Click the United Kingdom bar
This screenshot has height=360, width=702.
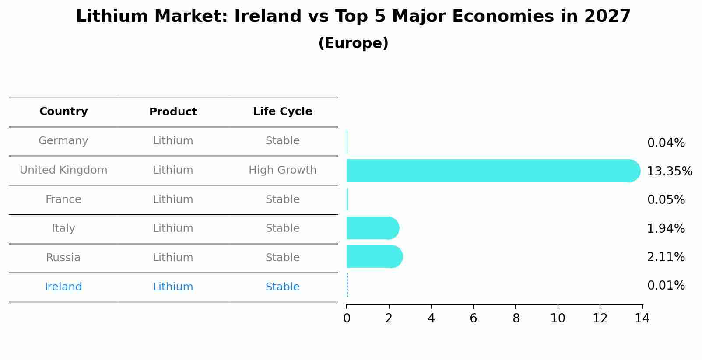[490, 171]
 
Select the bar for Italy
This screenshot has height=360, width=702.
[372, 228]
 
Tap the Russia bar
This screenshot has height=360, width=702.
[374, 256]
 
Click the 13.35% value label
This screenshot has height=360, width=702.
[670, 171]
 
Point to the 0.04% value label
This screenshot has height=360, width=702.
[666, 143]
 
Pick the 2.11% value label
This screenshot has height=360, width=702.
[666, 257]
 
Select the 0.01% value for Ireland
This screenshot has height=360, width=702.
[666, 286]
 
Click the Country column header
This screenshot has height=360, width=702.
[63, 112]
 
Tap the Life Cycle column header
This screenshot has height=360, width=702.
[282, 112]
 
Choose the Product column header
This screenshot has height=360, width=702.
[173, 112]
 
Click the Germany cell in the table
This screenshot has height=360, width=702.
[63, 141]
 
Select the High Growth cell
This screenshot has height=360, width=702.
[282, 170]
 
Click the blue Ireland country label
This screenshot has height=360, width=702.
[63, 287]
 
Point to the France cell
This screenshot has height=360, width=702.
[63, 199]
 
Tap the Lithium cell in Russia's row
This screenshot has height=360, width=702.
[173, 258]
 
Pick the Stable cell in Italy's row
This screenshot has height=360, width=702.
[282, 228]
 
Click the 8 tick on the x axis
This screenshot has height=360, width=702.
[516, 318]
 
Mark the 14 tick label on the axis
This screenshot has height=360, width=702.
[642, 318]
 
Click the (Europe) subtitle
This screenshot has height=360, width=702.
[353, 43]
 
